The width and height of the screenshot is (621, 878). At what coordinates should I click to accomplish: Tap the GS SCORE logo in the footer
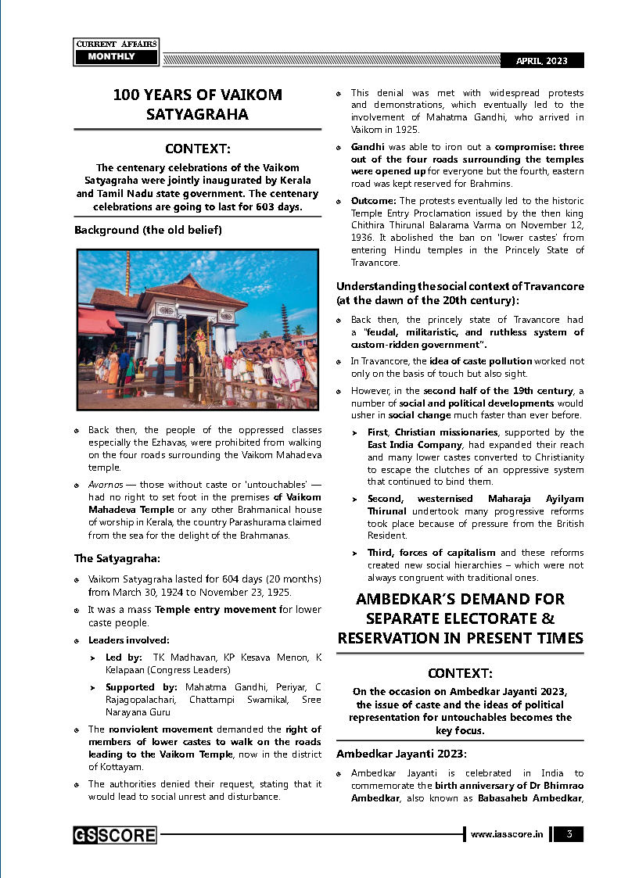(x=115, y=835)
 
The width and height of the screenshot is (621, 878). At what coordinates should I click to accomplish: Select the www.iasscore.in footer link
(x=507, y=835)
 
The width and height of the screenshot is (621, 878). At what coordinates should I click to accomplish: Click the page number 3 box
(x=569, y=834)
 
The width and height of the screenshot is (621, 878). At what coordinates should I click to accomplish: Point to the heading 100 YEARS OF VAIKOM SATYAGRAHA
(x=198, y=105)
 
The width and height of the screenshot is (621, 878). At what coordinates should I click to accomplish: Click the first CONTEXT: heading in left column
(x=198, y=149)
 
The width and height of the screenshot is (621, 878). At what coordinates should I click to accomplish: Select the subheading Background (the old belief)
(x=148, y=231)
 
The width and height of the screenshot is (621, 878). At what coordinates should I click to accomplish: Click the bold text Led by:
(x=124, y=658)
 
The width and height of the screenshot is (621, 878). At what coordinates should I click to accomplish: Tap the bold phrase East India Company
(x=404, y=444)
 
